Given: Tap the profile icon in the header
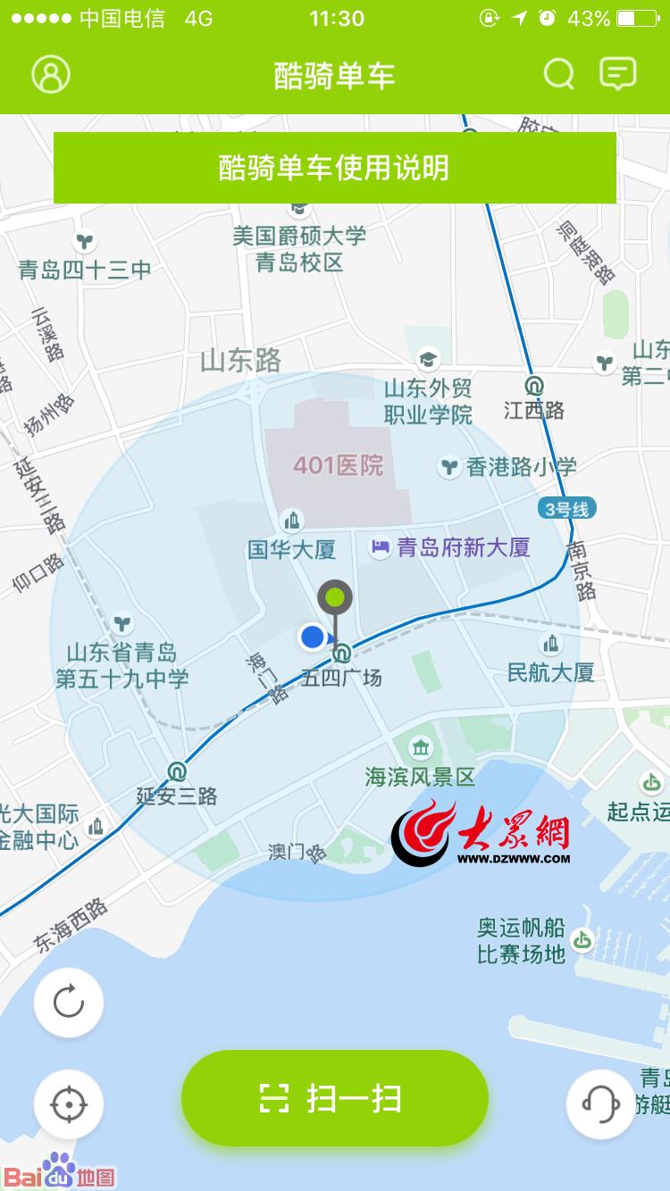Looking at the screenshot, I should click(x=51, y=74).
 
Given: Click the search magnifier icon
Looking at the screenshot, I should click(x=559, y=74).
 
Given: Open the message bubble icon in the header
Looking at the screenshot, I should click(x=617, y=74).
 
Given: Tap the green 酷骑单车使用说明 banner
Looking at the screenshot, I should click(x=334, y=168).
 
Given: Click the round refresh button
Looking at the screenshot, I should click(x=69, y=1003).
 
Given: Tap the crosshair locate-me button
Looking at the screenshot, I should click(x=69, y=1105).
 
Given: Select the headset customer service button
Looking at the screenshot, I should click(x=600, y=1104).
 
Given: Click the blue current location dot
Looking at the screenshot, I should click(x=312, y=637).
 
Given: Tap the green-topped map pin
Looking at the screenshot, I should click(x=335, y=597).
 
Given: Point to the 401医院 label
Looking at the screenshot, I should click(x=339, y=465).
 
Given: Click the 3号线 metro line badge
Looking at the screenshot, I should click(x=566, y=510).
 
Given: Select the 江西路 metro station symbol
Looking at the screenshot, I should click(x=534, y=387).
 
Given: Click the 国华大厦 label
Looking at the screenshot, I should click(x=292, y=549).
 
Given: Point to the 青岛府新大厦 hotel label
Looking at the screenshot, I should click(x=463, y=547).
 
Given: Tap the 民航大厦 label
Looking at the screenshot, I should click(x=550, y=671).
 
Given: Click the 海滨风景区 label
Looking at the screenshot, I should click(x=420, y=776).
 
